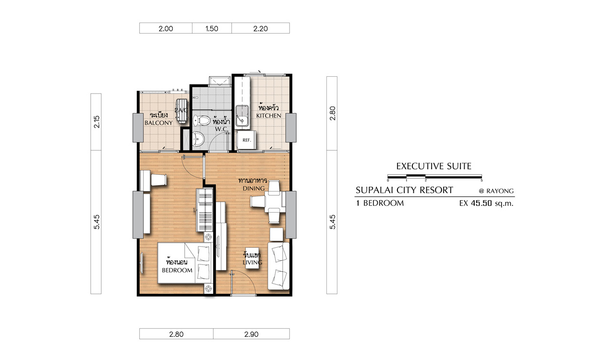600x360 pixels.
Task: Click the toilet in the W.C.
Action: pyautogui.click(x=202, y=121)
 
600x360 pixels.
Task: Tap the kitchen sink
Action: pyautogui.click(x=242, y=117)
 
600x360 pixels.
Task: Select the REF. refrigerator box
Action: pyautogui.click(x=246, y=140)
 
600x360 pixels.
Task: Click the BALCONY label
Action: pyautogui.click(x=158, y=123)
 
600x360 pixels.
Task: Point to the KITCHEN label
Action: pyautogui.click(x=269, y=116)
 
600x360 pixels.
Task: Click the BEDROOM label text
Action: pyautogui.click(x=177, y=270)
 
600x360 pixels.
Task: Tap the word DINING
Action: pyautogui.click(x=253, y=189)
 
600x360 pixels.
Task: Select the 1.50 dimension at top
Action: pyautogui.click(x=212, y=29)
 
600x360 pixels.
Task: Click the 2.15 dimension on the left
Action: pyautogui.click(x=96, y=122)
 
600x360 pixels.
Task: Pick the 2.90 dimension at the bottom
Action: pyautogui.click(x=251, y=334)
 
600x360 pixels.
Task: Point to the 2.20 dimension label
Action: pyautogui.click(x=260, y=29)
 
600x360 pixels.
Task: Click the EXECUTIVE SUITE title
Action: pyautogui.click(x=433, y=167)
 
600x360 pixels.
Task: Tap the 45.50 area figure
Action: pyautogui.click(x=481, y=204)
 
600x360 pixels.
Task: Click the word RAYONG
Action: pyautogui.click(x=500, y=191)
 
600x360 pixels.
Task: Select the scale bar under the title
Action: pyautogui.click(x=434, y=176)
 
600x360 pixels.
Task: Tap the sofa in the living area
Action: pyautogui.click(x=278, y=266)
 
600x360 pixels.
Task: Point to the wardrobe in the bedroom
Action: pyautogui.click(x=204, y=210)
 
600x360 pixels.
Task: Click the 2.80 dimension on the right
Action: pyautogui.click(x=332, y=114)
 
